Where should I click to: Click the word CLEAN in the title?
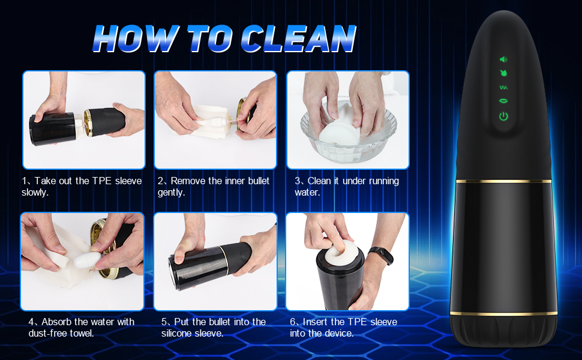pyautogui.click(x=299, y=38)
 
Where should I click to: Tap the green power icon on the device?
pyautogui.click(x=503, y=116)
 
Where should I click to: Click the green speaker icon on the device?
pyautogui.click(x=503, y=59)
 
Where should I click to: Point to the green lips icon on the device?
pyautogui.click(x=503, y=101)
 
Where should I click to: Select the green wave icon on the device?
pyautogui.click(x=503, y=88)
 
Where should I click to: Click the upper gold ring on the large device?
pyautogui.click(x=504, y=181)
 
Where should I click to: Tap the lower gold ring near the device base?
pyautogui.click(x=503, y=314)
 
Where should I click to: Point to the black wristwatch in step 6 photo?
pyautogui.click(x=381, y=256)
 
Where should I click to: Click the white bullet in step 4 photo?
pyautogui.click(x=88, y=259)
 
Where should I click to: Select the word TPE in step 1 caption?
pyautogui.click(x=102, y=181)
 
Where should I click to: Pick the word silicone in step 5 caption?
pyautogui.click(x=176, y=333)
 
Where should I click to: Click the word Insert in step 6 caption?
pyautogui.click(x=315, y=322)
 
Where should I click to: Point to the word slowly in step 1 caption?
pyautogui.click(x=34, y=193)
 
